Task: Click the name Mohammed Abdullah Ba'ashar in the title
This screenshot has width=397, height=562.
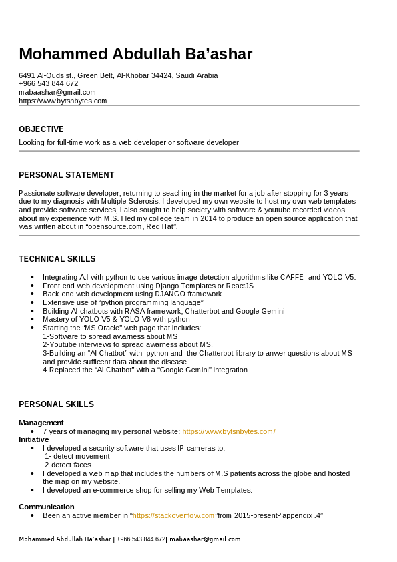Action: (135, 53)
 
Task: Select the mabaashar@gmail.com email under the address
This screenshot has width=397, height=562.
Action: (57, 92)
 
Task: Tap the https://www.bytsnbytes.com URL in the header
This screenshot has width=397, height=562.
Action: (63, 101)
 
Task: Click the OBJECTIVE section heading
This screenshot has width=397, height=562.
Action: (41, 129)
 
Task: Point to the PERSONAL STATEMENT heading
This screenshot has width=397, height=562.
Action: (67, 175)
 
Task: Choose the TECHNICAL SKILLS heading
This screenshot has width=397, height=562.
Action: (57, 259)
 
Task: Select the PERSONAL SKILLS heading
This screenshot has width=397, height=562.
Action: (56, 404)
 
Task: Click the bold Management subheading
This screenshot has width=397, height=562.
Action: (41, 423)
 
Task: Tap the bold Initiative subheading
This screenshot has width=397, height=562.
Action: (34, 439)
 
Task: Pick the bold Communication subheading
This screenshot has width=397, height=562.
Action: (47, 507)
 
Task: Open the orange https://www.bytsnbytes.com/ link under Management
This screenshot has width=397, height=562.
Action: (229, 431)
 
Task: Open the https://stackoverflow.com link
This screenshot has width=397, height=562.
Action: (173, 515)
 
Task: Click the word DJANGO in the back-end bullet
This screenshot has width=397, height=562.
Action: (171, 294)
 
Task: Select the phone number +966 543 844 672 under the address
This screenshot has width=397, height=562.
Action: (49, 83)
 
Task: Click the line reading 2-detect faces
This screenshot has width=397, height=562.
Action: (68, 465)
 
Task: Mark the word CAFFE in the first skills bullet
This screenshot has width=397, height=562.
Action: (291, 277)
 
